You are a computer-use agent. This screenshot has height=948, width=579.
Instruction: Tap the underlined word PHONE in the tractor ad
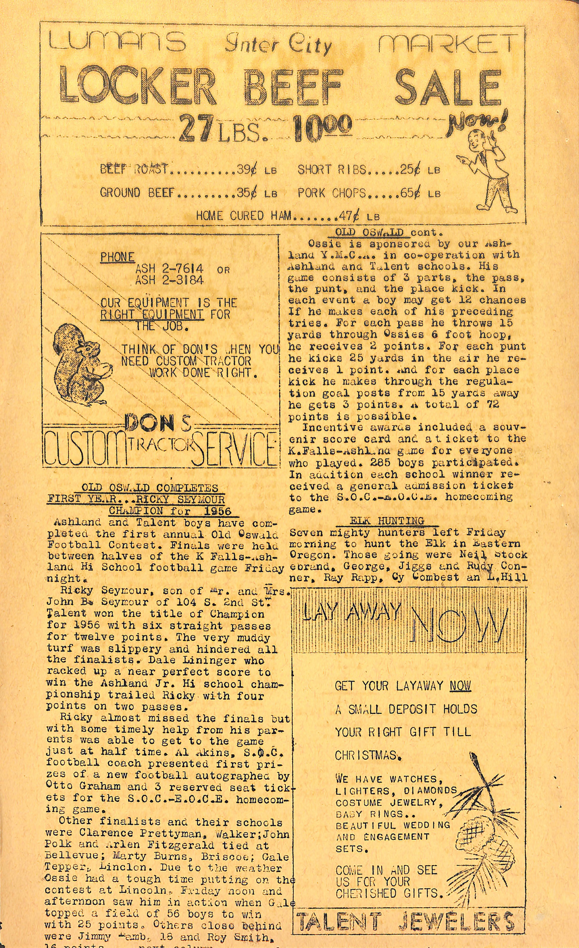point(117,257)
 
